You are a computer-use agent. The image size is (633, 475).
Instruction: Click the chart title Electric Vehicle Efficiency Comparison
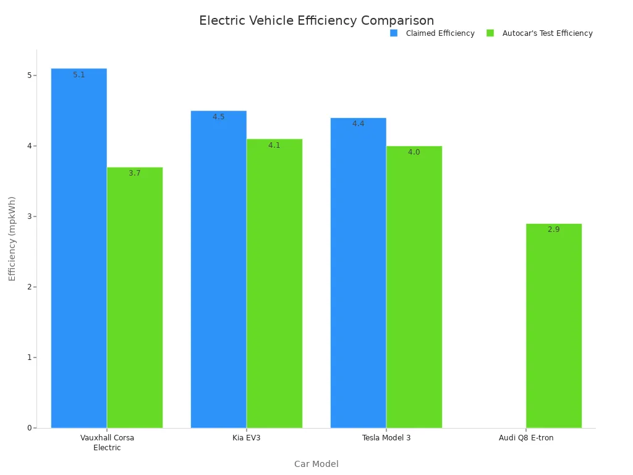(x=316, y=20)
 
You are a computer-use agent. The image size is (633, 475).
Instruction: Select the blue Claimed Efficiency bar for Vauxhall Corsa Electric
(x=79, y=247)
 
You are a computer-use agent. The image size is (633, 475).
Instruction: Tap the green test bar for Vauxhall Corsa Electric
(x=135, y=297)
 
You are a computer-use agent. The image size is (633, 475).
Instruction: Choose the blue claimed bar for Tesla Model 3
(x=358, y=272)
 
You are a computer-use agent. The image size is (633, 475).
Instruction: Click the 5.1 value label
(x=79, y=75)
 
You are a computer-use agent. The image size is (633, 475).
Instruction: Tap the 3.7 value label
(x=135, y=173)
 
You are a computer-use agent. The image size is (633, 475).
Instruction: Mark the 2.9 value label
(x=553, y=229)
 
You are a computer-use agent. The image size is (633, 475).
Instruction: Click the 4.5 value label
(x=219, y=117)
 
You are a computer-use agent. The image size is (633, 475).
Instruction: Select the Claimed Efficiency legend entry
(x=433, y=33)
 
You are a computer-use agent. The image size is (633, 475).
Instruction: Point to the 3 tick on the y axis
(x=28, y=216)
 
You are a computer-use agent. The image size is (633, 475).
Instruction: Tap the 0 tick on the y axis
(x=28, y=428)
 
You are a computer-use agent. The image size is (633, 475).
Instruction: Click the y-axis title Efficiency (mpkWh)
(x=12, y=238)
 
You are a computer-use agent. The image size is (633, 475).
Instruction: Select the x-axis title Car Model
(x=316, y=464)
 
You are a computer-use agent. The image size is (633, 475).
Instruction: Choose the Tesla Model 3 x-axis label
(x=386, y=438)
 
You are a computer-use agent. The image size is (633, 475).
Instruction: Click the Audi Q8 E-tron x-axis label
(x=526, y=438)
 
